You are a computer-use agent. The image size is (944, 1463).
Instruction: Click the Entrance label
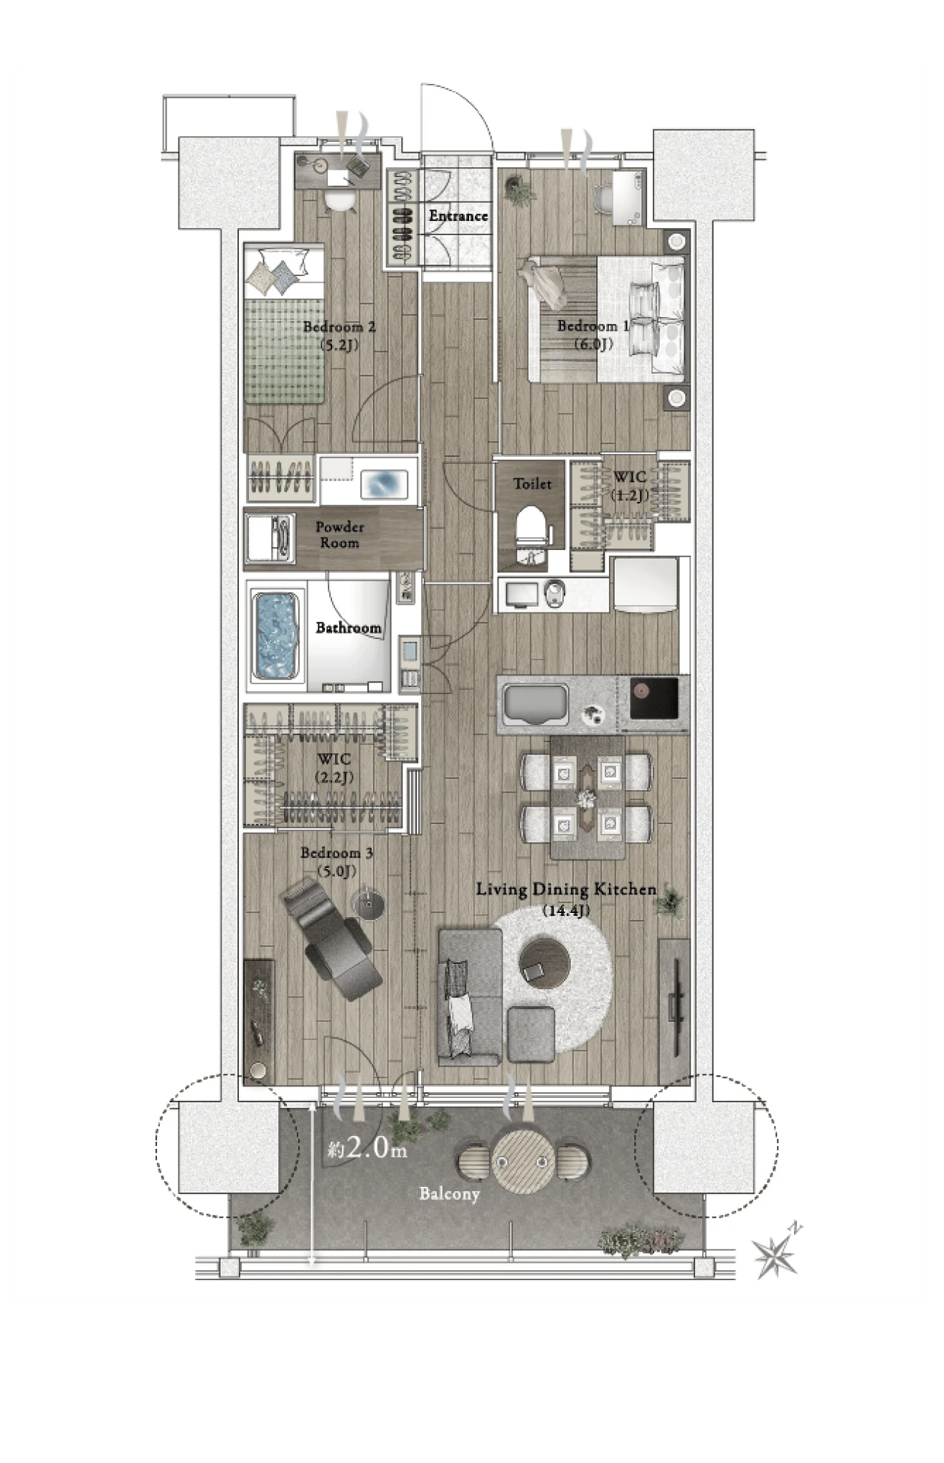458,215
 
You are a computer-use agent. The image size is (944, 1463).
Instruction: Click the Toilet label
532,484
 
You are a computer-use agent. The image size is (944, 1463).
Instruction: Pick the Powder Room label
339,535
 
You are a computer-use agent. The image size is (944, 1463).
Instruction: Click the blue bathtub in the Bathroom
276,635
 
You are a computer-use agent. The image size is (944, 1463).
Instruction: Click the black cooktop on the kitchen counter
653,697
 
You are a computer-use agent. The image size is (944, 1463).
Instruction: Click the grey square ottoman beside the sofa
531,1034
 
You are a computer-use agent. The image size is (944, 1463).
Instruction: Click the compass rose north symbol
776,1256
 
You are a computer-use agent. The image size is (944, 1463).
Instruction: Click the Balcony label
449,1193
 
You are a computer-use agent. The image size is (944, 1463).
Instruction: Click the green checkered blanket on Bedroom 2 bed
284,351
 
